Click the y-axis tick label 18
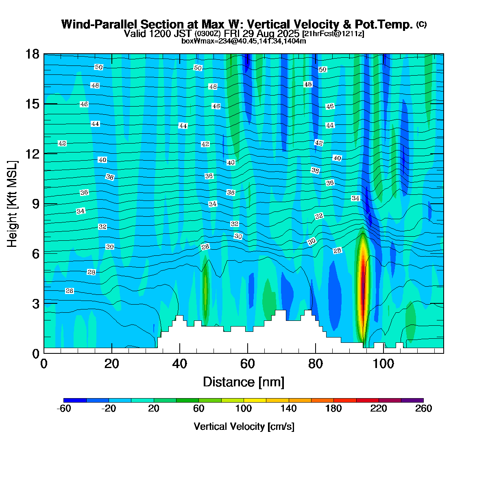coord(33,54)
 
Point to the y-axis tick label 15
coord(33,104)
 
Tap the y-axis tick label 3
coord(36,303)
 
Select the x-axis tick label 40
coord(179,364)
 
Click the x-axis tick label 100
coord(383,364)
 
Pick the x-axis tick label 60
coord(247,364)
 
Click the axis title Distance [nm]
coord(244,382)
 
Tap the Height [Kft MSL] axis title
coord(13,204)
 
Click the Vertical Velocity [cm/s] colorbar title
coord(244,427)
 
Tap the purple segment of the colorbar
coord(412,400)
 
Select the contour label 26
coord(70,291)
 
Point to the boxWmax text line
coord(244,41)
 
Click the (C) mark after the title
coord(421,24)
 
